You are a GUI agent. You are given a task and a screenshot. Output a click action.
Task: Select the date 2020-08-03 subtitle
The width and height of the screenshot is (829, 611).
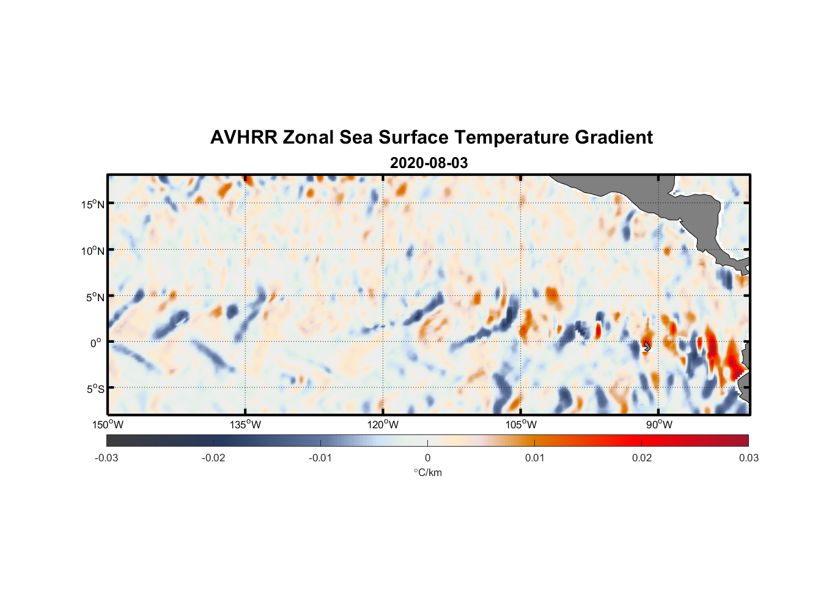coord(429,163)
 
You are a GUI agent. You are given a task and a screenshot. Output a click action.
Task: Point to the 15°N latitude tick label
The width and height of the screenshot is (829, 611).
coord(93,204)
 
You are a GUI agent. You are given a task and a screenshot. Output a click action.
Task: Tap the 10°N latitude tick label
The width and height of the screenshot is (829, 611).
coord(93,251)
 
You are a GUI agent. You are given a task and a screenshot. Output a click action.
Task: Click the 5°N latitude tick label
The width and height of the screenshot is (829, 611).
coord(95,297)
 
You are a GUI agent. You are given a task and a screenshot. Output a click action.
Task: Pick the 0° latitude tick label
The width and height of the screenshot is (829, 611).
coord(97,343)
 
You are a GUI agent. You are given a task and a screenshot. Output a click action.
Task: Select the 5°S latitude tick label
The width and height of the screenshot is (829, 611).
coord(95,389)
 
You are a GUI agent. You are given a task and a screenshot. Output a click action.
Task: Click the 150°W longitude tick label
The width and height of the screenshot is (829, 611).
coord(108,425)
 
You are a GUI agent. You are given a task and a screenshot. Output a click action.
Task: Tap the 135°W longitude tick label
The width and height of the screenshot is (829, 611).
coord(245,425)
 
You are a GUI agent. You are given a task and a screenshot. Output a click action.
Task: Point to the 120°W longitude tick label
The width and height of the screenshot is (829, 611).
coord(383,425)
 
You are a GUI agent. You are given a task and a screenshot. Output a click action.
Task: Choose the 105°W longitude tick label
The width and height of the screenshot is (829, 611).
coord(521,425)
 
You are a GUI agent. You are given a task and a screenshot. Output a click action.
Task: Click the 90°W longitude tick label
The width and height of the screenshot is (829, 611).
coord(658,425)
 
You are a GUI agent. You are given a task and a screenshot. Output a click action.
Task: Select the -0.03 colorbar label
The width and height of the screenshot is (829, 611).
coord(106,458)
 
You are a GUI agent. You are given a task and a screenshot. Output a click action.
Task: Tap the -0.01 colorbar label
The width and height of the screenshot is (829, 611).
coord(320,458)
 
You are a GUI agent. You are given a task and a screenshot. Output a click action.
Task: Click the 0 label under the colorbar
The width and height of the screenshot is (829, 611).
coord(427,458)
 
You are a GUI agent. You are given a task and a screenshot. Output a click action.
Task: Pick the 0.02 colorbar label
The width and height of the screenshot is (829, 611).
coord(642,458)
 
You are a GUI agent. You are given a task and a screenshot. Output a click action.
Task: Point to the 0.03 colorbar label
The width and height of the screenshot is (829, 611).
coord(748,458)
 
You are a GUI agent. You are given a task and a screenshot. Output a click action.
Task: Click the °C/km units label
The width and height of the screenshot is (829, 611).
coord(427,472)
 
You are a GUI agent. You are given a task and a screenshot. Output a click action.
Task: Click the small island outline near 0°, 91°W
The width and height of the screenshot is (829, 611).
coord(647,346)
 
